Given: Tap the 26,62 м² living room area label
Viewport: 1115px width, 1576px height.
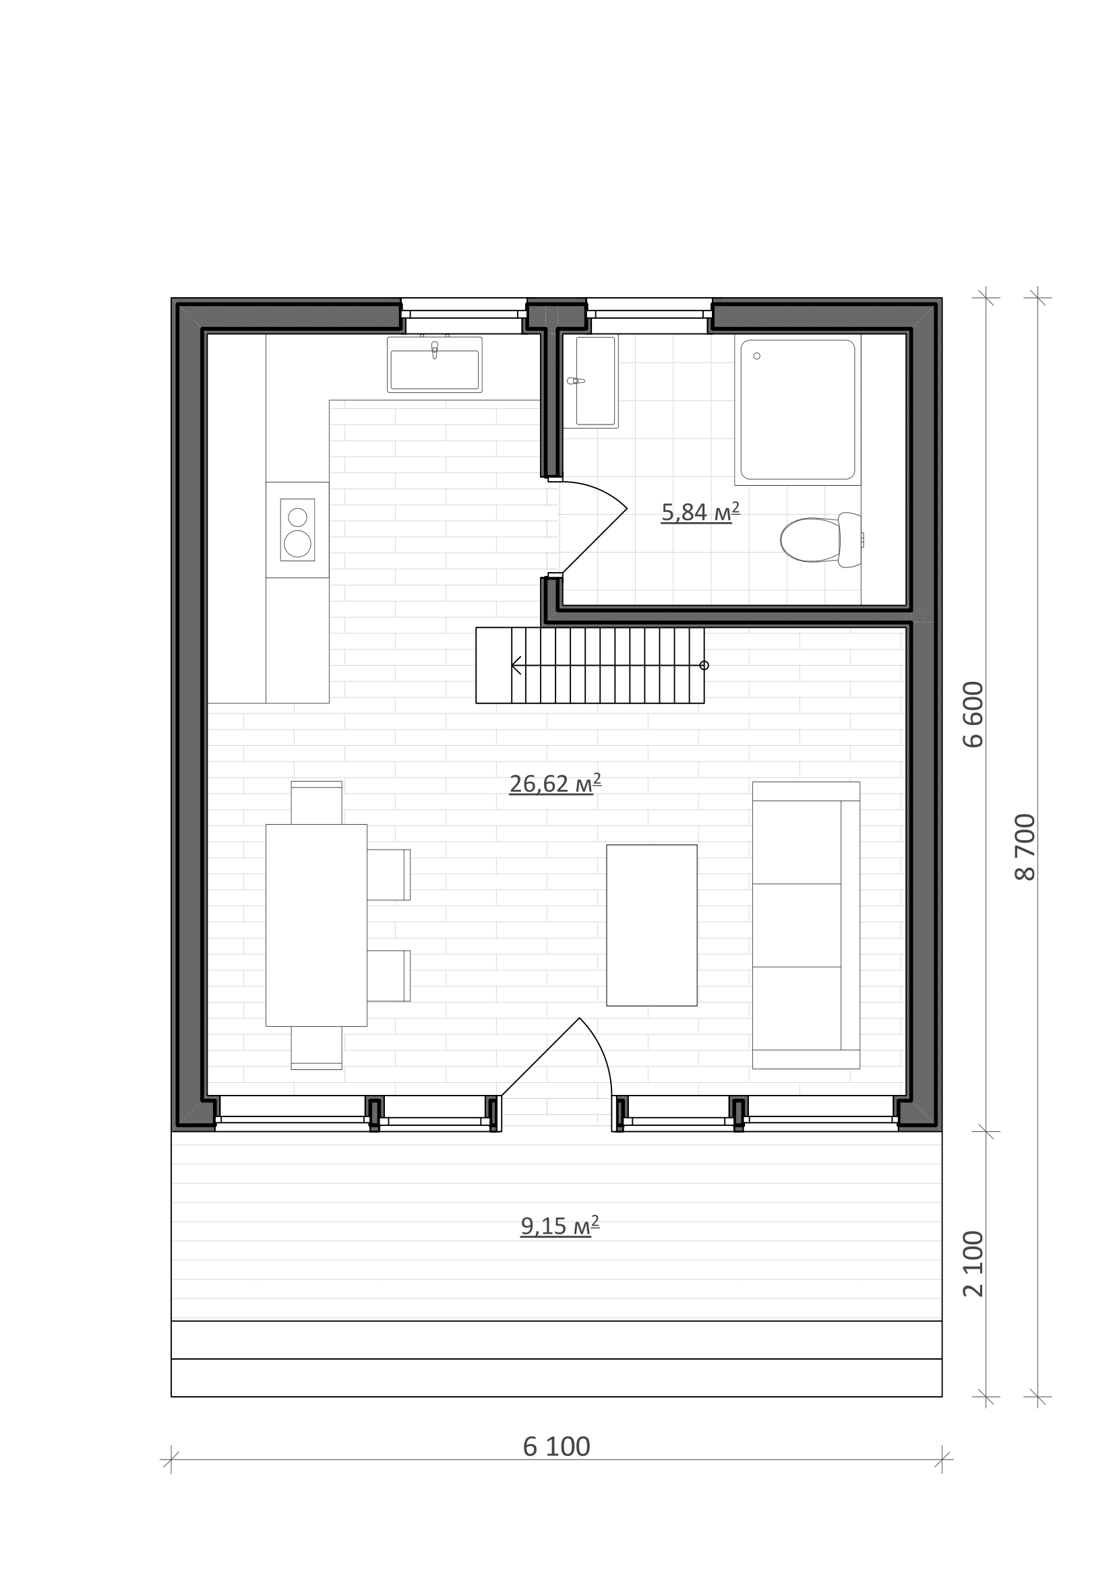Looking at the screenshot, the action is coord(555,783).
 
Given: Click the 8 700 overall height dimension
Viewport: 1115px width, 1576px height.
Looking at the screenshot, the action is coord(1025,847).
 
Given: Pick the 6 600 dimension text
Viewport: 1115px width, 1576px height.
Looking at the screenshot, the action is coord(973,714).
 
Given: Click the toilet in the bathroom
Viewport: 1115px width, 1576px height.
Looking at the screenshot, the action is coord(821,540).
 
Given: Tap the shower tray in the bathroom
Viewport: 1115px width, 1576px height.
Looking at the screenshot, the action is coord(797,410).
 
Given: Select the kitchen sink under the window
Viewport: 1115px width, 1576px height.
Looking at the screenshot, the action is coord(435,365).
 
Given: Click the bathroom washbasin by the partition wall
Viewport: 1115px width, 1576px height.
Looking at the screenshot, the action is coord(591,381).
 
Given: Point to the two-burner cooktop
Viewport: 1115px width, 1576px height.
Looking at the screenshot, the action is coord(297,529).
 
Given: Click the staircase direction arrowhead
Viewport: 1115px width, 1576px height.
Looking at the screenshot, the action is coord(516,665).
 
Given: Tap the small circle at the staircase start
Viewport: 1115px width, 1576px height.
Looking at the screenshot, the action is coord(704,665).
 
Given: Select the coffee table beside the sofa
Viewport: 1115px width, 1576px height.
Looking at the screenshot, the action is coord(652,925).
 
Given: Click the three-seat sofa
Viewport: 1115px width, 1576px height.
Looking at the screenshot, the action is coord(806,925).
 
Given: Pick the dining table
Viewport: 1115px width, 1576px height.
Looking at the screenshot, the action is coord(317,925).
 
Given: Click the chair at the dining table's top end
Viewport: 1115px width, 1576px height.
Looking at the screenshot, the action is coord(317,802).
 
